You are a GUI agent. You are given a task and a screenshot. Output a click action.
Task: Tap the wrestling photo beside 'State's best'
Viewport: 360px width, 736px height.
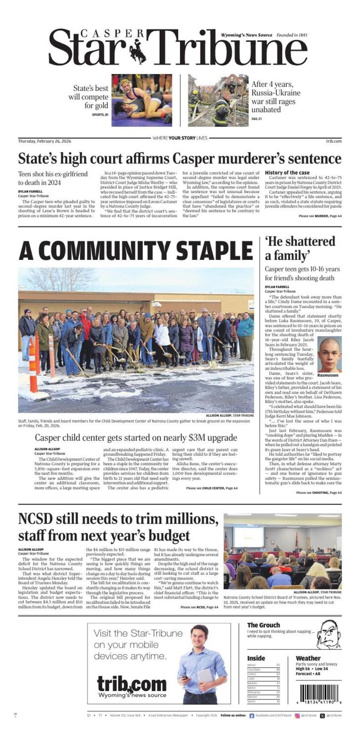[x=141, y=100]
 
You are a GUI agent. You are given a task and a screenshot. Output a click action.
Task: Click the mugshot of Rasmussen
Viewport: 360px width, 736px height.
[x=329, y=354]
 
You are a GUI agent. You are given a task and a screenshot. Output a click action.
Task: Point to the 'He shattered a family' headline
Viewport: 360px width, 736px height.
[x=300, y=249]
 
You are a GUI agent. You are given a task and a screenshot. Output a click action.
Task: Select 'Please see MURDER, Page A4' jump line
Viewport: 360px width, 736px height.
[x=320, y=216]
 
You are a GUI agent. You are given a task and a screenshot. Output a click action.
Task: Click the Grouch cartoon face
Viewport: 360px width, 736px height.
[x=329, y=634]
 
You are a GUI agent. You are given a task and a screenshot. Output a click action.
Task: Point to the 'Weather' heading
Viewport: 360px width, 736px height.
[x=308, y=658]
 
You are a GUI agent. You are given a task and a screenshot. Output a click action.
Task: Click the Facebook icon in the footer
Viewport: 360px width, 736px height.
[x=252, y=715]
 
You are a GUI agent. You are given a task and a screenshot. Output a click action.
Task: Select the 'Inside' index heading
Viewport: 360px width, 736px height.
[x=256, y=658]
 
